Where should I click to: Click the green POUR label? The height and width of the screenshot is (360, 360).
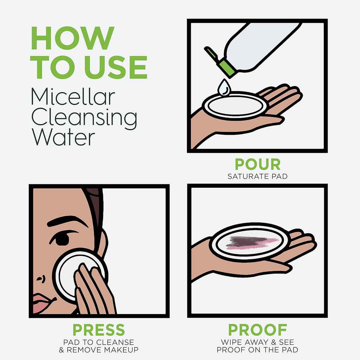coord(257,165)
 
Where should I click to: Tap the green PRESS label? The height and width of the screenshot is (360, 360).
coord(98,330)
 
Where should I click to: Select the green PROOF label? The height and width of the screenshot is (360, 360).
coord(257,330)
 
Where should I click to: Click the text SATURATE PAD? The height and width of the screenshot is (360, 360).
coord(257,176)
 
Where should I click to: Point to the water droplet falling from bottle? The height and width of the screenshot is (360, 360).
coord(224,88)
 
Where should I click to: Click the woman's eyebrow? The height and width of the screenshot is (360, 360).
coord(67,221)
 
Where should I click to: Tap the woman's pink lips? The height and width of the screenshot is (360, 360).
coord(41,302)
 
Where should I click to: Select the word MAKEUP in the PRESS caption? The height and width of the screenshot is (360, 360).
coord(121,350)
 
